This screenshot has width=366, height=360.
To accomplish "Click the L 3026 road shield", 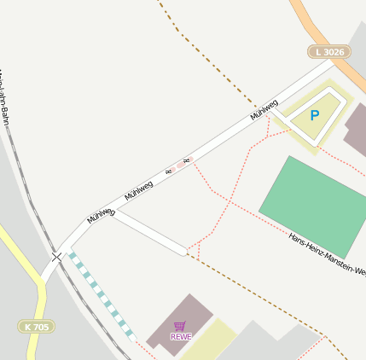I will [x=329, y=52].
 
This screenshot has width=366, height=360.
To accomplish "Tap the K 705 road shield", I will [x=36, y=326].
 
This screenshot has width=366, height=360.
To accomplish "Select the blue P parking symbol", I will [x=314, y=115].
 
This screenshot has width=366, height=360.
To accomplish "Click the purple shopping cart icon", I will [x=179, y=326].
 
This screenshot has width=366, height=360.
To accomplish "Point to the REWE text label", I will [x=181, y=336].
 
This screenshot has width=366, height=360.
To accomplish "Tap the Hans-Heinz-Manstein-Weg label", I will [x=327, y=254].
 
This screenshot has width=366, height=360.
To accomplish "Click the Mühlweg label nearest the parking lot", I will [x=264, y=110].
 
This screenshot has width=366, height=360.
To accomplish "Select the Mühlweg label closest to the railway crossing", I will [x=100, y=215].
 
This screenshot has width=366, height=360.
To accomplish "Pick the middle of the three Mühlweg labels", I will [x=138, y=189].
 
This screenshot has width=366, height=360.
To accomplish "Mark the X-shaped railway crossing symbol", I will [x=56, y=256].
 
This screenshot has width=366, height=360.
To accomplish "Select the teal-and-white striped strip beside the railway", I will [x=101, y=294].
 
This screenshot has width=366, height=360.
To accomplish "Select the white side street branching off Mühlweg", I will [x=150, y=231].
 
